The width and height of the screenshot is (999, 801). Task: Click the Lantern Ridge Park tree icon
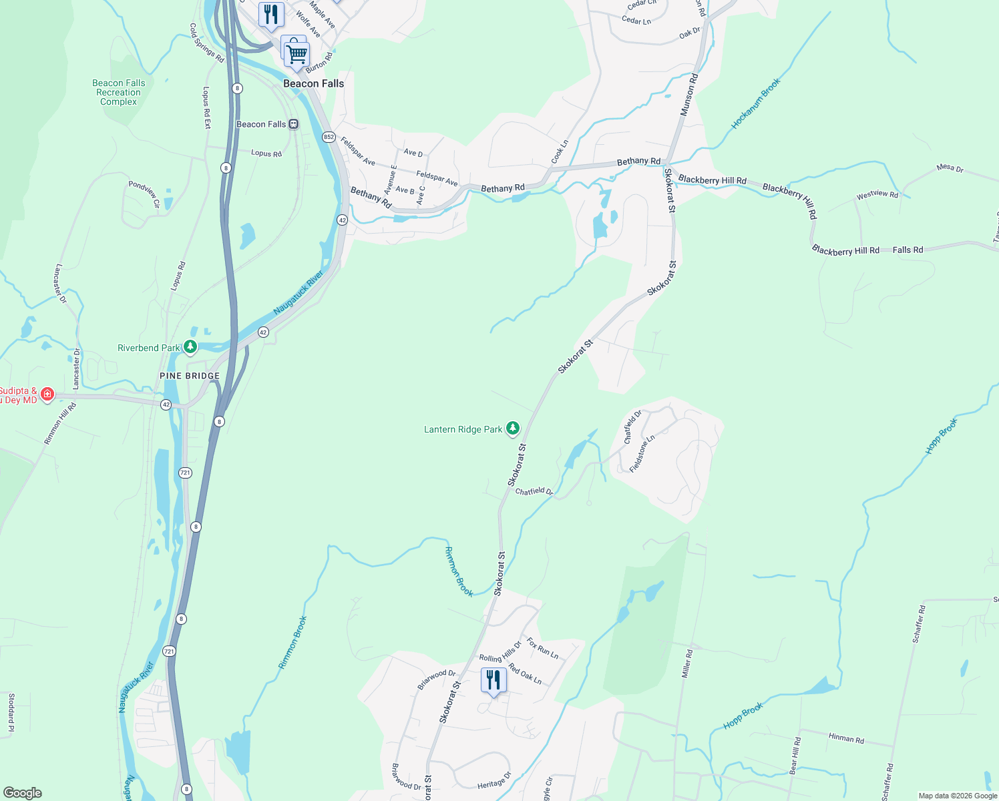click(x=512, y=429)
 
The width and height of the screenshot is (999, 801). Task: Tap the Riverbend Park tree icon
click(x=190, y=347)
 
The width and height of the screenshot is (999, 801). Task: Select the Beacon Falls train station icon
click(x=293, y=124)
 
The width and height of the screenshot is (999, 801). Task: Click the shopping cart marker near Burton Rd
click(x=296, y=53)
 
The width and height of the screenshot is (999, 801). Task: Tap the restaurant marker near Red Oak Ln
click(x=493, y=680)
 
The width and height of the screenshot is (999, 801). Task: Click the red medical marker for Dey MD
click(x=47, y=394)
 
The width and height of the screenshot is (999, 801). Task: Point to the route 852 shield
click(x=329, y=137)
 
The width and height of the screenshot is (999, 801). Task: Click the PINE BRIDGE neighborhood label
click(x=190, y=376)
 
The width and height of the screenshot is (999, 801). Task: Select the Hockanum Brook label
click(x=755, y=103)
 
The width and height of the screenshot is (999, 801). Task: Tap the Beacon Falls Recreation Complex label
click(x=118, y=93)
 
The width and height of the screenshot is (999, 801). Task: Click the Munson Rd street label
click(x=688, y=95)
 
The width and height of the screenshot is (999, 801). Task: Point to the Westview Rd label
click(x=877, y=195)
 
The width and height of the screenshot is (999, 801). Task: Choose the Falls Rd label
click(x=908, y=250)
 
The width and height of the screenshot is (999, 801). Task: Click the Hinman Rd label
click(x=846, y=738)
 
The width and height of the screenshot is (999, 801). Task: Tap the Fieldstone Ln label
click(x=642, y=453)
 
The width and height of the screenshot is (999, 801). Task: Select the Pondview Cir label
click(x=144, y=194)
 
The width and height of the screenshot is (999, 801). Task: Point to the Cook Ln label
click(x=560, y=152)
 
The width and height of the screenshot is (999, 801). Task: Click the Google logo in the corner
click(x=23, y=793)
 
